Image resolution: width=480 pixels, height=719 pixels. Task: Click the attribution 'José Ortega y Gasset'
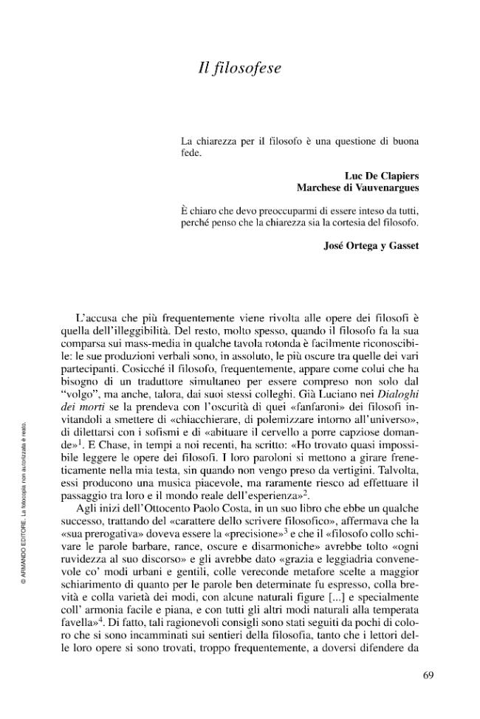[x=372, y=246]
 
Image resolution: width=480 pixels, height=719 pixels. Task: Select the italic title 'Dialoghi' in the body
[x=399, y=416]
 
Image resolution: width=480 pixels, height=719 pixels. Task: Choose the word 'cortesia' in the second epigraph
[x=341, y=221]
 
